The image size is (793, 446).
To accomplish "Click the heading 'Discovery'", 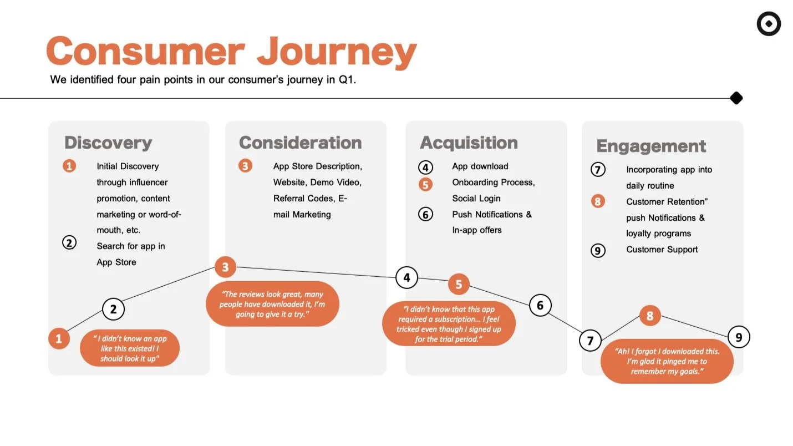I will (x=108, y=143).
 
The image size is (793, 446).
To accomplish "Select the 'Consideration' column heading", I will (x=300, y=143).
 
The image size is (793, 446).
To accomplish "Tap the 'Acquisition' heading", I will (x=469, y=143).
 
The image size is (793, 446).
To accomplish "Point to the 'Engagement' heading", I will (x=651, y=146).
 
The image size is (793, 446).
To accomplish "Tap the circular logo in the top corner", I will (x=769, y=24).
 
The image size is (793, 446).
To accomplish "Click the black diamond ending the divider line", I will (x=736, y=98).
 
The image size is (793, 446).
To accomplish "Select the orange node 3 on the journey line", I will (x=225, y=267).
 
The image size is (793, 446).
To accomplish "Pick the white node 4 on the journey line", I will (x=406, y=277).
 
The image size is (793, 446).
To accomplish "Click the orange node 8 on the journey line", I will (x=650, y=316).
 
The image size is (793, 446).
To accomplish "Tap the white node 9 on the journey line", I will (x=738, y=337).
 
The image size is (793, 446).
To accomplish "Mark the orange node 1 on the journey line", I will (x=59, y=338).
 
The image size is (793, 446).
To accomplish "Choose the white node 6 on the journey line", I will (x=540, y=305).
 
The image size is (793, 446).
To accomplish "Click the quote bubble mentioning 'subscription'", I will (x=449, y=324).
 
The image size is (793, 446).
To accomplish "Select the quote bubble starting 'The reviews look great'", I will (x=272, y=305).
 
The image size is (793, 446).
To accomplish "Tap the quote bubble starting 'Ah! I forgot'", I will (x=667, y=361).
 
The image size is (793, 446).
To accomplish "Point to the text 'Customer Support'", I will (x=662, y=250).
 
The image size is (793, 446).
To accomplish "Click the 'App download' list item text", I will (x=480, y=166).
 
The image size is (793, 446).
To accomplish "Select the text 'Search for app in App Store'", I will (x=130, y=254).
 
